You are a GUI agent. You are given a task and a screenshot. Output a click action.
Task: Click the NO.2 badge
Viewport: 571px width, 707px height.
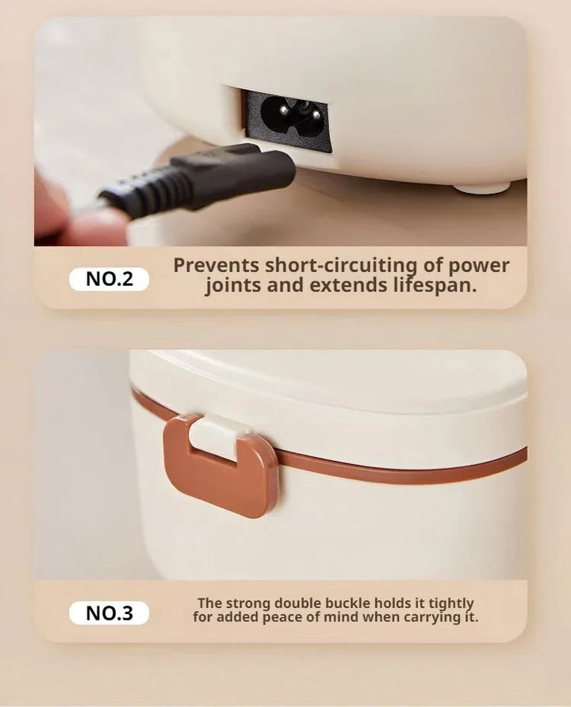[109, 279]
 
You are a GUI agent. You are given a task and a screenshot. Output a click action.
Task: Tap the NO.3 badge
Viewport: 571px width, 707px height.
[109, 613]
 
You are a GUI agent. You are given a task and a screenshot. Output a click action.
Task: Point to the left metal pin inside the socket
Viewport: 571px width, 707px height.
[283, 111]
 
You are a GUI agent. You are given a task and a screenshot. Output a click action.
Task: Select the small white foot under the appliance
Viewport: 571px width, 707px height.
[481, 187]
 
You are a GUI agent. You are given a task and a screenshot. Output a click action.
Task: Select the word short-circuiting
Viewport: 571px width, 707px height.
[341, 266]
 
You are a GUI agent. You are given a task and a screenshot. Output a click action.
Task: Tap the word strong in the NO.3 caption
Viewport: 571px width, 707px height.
[247, 604]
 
